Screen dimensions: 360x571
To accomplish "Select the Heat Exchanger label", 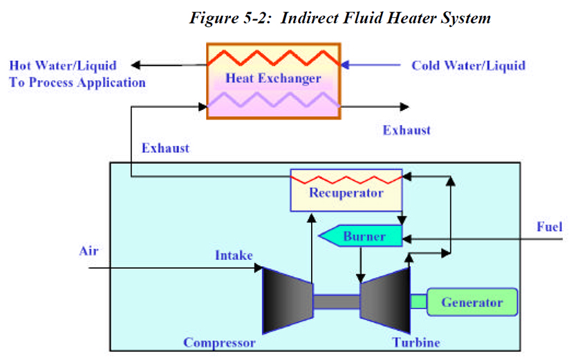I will coord(273,78).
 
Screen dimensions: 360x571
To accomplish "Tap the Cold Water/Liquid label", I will coord(468,66).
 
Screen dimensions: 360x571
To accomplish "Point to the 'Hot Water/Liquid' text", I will coord(63,66).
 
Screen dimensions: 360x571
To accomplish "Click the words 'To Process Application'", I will coord(77,83).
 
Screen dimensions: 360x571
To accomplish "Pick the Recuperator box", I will coord(346,190).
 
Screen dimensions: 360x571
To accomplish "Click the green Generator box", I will coord(471,302).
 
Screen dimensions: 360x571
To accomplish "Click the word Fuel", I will coord(550,227).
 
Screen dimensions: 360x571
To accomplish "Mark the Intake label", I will coord(233,256).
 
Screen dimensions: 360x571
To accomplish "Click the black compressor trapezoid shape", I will coord(288,301).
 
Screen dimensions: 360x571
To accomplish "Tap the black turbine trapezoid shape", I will coord(385,301).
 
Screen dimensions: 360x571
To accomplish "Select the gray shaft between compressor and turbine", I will coord(336,302).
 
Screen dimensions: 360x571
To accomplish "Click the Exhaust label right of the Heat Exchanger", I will coord(406,130).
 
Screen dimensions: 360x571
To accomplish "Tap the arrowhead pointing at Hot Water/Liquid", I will coord(136,66).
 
